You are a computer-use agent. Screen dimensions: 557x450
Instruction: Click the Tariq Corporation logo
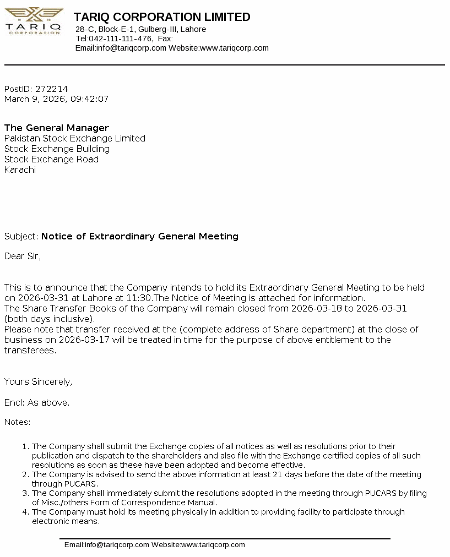coord(34,21)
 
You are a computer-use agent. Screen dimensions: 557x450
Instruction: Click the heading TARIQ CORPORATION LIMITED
coord(162,17)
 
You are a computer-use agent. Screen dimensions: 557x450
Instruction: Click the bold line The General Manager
coord(57,128)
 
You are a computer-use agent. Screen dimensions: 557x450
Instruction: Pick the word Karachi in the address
coord(20,170)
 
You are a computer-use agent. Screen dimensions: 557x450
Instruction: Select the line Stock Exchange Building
coord(57,149)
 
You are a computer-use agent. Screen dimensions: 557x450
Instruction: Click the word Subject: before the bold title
coord(21,236)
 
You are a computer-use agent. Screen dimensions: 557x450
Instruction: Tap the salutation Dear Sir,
coord(23,256)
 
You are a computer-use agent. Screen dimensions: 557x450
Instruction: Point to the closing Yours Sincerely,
coord(38,381)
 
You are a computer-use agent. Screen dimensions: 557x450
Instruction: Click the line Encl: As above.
coord(37,402)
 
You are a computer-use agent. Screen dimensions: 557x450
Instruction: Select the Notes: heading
coord(18,422)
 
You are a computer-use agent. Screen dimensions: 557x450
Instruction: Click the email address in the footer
coord(107,545)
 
